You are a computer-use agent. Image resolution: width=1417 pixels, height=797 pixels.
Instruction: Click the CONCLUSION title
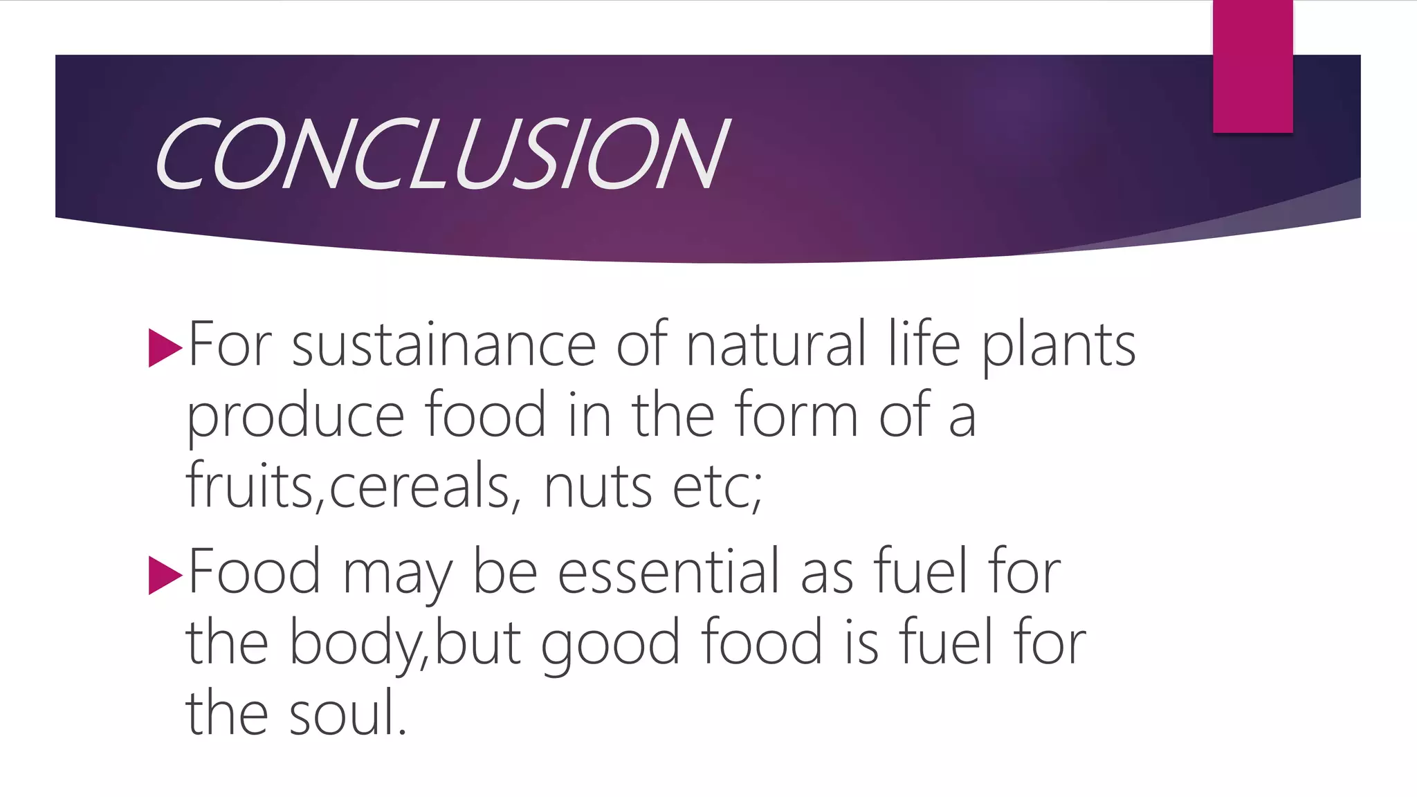[441, 154]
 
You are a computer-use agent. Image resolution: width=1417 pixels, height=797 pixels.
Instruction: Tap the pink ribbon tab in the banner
[1252, 66]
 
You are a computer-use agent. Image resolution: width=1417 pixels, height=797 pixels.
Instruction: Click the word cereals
[419, 487]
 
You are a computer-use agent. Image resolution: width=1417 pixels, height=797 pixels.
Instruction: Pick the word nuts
[598, 487]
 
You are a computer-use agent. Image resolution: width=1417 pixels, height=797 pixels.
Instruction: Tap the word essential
[669, 572]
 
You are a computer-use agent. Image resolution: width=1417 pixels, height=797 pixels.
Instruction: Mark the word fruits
[250, 487]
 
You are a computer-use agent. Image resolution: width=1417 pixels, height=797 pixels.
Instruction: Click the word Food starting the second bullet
[255, 572]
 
